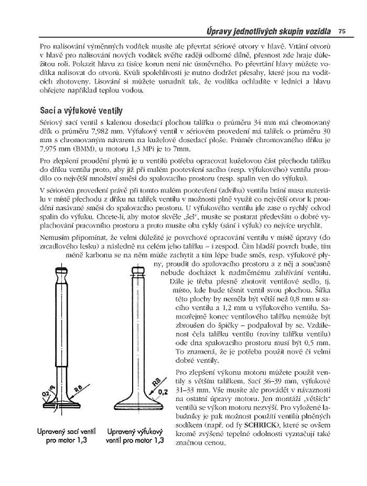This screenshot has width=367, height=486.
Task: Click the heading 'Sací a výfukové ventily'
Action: (x=81, y=111)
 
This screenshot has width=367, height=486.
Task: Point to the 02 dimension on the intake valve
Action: (x=46, y=392)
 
